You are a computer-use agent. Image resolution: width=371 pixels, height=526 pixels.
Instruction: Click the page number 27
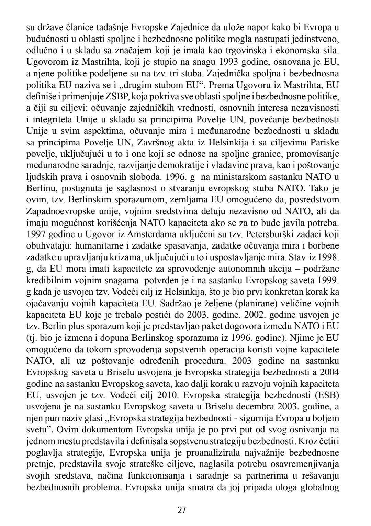(x=182, y=510)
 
